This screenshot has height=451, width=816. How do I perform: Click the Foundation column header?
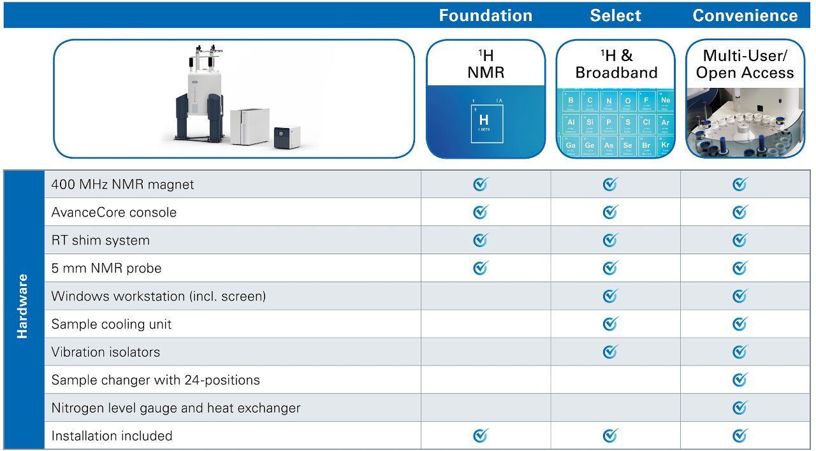pyautogui.click(x=485, y=15)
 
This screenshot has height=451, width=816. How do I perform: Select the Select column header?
pyautogui.click(x=615, y=15)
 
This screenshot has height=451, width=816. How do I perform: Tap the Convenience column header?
pyautogui.click(x=745, y=15)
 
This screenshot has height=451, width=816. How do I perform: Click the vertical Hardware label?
pyautogui.click(x=23, y=306)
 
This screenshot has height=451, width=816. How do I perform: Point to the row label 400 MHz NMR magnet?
pyautogui.click(x=122, y=185)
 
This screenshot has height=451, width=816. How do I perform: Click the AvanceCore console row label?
pyautogui.click(x=113, y=213)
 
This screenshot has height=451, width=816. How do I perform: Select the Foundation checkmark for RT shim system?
pyautogui.click(x=481, y=240)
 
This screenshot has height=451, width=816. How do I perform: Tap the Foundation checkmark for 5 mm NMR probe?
pyautogui.click(x=481, y=268)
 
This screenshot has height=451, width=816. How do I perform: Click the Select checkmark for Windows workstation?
pyautogui.click(x=611, y=296)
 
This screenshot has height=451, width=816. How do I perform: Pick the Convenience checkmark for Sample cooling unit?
pyautogui.click(x=740, y=324)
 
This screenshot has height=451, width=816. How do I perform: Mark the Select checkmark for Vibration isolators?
pyautogui.click(x=611, y=352)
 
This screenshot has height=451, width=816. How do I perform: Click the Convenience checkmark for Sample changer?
pyautogui.click(x=740, y=380)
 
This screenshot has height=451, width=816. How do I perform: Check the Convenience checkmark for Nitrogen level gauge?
pyautogui.click(x=740, y=408)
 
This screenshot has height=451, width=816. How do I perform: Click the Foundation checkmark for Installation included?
pyautogui.click(x=481, y=436)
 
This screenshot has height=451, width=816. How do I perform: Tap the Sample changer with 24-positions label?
pyautogui.click(x=156, y=380)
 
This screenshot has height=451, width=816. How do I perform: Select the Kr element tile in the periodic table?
pyautogui.click(x=666, y=145)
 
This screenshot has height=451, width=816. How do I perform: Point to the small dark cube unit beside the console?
pyautogui.click(x=287, y=137)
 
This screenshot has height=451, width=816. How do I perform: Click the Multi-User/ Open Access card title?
pyautogui.click(x=745, y=64)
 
